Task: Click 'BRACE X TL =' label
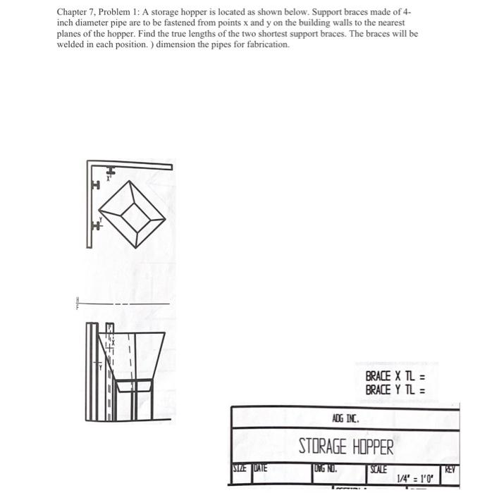point(395,377)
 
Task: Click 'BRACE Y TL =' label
point(395,390)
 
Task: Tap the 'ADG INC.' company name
point(345,418)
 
